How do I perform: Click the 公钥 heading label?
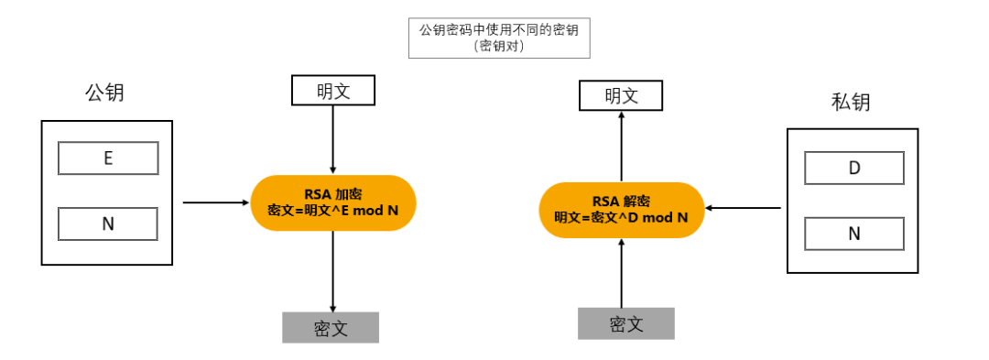pyautogui.click(x=104, y=93)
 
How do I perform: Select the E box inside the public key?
pyautogui.click(x=108, y=158)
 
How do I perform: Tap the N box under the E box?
pyautogui.click(x=108, y=224)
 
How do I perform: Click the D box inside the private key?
pyautogui.click(x=853, y=168)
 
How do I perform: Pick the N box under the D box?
pyautogui.click(x=853, y=234)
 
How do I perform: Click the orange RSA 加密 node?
pyautogui.click(x=332, y=202)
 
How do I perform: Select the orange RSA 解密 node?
pyautogui.click(x=621, y=210)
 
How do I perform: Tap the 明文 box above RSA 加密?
pyautogui.click(x=332, y=91)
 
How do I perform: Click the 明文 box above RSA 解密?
pyautogui.click(x=621, y=95)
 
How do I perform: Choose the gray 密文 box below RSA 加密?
pyautogui.click(x=330, y=328)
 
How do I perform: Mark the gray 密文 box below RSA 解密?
pyautogui.click(x=625, y=323)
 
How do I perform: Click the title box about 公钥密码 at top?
pyautogui.click(x=499, y=38)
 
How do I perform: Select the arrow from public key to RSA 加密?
pyautogui.click(x=216, y=202)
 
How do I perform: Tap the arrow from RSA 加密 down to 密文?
pyautogui.click(x=332, y=270)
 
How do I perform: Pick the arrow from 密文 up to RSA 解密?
pyautogui.click(x=621, y=272)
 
